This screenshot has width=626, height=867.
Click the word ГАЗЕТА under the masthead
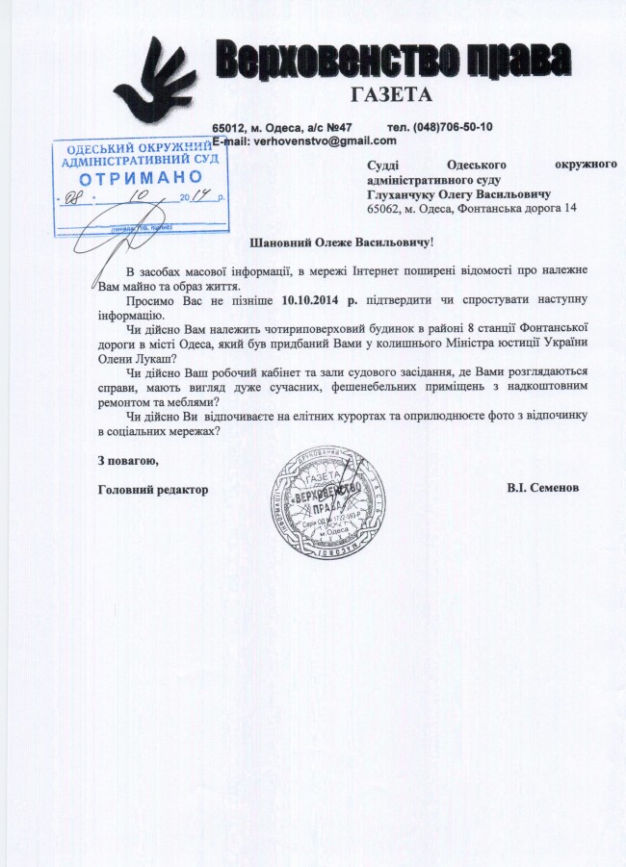tap(392, 95)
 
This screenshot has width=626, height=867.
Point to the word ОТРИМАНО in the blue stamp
tap(141, 179)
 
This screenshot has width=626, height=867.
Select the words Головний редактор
tap(153, 489)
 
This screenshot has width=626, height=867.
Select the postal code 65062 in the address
tap(383, 208)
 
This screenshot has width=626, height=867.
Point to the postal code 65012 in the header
tap(230, 127)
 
